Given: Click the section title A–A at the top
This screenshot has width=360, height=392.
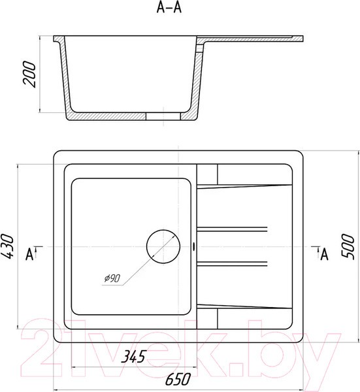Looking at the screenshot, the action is coord(169,8).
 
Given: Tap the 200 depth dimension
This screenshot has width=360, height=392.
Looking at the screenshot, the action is coord(29,74).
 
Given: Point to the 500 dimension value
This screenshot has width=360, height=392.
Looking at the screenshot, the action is coord(348,247).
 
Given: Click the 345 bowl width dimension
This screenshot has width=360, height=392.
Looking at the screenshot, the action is coord(133,357).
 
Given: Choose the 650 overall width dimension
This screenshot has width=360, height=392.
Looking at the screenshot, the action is coord(178,379).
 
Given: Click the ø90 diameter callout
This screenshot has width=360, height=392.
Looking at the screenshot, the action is coord(112,278).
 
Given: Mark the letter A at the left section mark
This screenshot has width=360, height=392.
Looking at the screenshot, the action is coord(29,255).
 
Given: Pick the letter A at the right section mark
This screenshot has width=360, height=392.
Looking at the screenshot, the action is coord(324,255).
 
